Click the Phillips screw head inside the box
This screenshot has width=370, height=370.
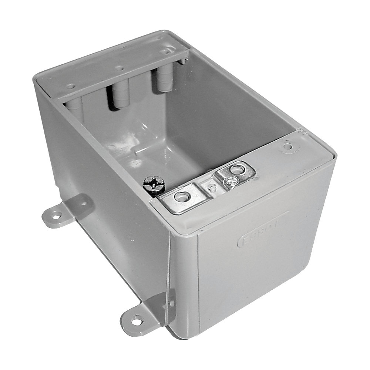coord(152,183)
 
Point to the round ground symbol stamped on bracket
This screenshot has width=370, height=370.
coord(229,182)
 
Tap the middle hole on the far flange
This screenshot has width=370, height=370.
coord(120,68)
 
